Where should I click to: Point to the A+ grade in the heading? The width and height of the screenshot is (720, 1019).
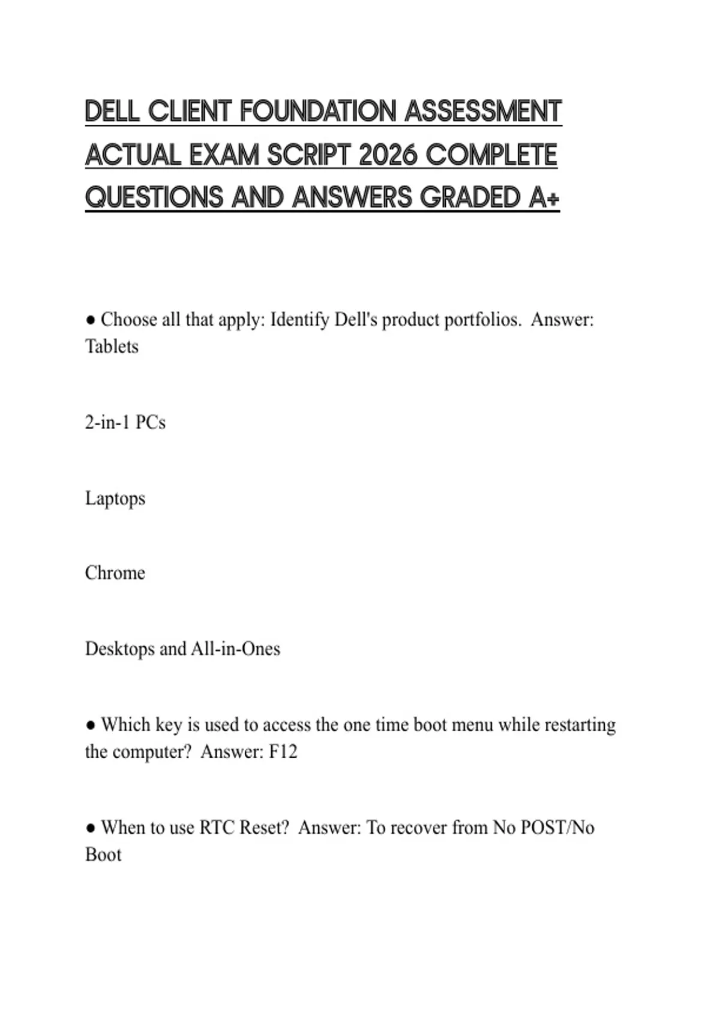[x=544, y=198]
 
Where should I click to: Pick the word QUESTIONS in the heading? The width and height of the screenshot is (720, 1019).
[x=154, y=198]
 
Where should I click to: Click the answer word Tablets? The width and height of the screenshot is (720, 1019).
[x=112, y=346]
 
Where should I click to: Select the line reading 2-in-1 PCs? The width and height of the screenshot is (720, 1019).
[x=125, y=423]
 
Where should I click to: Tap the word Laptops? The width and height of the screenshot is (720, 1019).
[x=115, y=498]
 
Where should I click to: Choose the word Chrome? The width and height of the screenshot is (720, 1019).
[x=115, y=573]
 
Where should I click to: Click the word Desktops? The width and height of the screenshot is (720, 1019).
[x=119, y=649]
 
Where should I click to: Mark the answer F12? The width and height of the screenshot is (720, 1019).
[x=283, y=752]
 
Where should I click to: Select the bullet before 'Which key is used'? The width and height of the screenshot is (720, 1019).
[x=91, y=725]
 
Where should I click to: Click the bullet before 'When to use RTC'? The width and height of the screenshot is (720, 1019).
[x=91, y=828]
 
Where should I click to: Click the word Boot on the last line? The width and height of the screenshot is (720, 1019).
[x=103, y=855]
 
